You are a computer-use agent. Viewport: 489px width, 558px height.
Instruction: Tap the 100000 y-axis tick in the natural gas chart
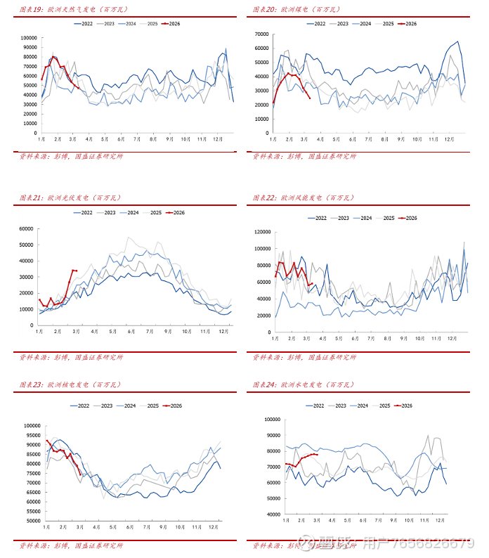[29, 38]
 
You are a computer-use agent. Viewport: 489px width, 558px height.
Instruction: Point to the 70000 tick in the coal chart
[261, 34]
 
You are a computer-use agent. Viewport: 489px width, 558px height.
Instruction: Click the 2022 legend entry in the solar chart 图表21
[83, 212]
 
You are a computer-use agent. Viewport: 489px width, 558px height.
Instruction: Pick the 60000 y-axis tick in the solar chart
[27, 228]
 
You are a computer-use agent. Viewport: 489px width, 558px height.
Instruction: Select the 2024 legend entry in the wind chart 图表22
[362, 218]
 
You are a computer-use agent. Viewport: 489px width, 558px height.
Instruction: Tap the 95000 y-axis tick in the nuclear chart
[32, 435]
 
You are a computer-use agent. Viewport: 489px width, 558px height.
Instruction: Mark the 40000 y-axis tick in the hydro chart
[273, 515]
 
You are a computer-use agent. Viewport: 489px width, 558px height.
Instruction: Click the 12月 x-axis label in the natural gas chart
[218, 139]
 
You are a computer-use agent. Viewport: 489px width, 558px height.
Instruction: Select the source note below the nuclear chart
[70, 545]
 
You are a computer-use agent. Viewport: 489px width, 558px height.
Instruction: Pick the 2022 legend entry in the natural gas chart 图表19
[84, 24]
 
